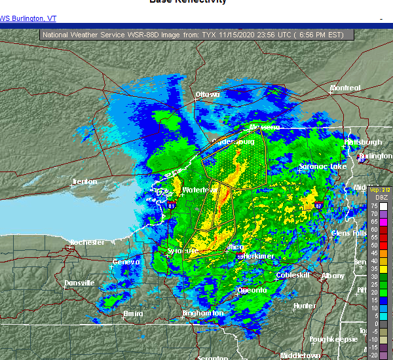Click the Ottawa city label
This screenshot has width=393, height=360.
coord(207,94)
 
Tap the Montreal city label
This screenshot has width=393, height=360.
coord(345,88)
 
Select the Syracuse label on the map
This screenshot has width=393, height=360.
coord(181,251)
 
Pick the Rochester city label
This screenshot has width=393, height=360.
coord(87,242)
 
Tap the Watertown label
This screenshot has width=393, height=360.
coord(198,190)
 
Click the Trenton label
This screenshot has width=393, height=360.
coord(84,181)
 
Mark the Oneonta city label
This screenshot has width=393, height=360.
coord(252,290)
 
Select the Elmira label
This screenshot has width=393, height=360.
coord(133,314)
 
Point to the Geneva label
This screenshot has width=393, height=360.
coord(126,262)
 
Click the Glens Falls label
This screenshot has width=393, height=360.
coord(350,233)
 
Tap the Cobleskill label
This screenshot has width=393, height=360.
coord(292,276)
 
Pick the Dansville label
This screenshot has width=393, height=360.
coord(79,283)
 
